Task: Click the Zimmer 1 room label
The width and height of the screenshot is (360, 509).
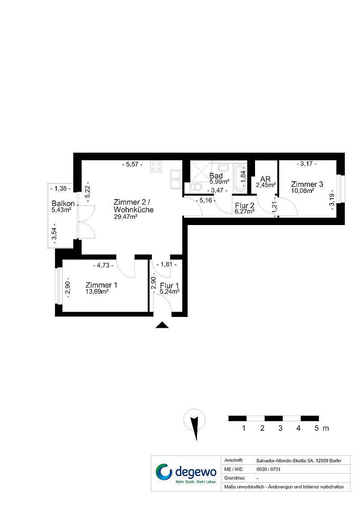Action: coord(101,285)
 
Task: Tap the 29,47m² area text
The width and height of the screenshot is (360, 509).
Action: coord(126,217)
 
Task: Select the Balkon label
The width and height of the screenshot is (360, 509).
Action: coord(63,204)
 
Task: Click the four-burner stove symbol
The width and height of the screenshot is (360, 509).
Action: coord(156,167)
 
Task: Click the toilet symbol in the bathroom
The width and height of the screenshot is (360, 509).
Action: coord(196,187)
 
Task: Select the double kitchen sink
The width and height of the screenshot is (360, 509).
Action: coord(176,179)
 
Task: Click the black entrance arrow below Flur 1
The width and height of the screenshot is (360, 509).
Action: coord(162,325)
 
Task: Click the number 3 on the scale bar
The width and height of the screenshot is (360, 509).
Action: coord(280,428)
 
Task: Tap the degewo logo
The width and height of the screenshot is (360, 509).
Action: coord(186,473)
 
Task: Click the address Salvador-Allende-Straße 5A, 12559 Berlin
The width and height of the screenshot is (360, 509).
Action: coord(298,460)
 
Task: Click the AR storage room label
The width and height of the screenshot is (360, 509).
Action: coord(265,179)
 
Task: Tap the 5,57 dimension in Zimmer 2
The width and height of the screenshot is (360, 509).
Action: coord(132,165)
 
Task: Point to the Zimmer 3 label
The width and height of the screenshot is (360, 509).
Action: coord(307,184)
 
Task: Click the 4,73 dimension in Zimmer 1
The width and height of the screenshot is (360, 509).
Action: coord(103,265)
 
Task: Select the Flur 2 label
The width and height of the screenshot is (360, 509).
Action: coord(244,205)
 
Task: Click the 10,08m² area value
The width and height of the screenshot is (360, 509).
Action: coord(302,191)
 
